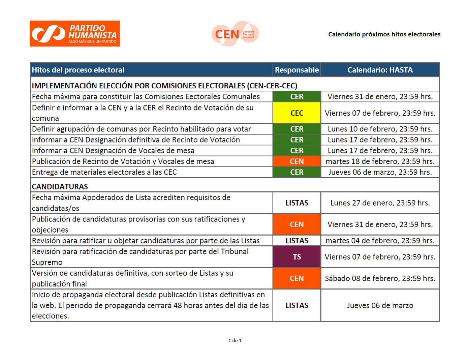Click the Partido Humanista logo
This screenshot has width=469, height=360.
pyautogui.click(x=74, y=33)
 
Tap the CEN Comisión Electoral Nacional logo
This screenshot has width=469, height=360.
pyautogui.click(x=235, y=33)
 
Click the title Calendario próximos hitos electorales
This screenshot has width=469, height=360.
pyautogui.click(x=384, y=34)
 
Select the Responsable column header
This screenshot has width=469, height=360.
pyautogui.click(x=297, y=70)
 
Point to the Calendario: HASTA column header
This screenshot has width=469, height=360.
pyautogui.click(x=380, y=70)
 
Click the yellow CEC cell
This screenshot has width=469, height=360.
pyautogui.click(x=297, y=113)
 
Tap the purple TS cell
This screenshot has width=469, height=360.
pyautogui.click(x=297, y=257)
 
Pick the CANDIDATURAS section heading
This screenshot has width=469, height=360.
pyautogui.click(x=60, y=187)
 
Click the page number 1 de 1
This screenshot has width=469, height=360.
pyautogui.click(x=235, y=340)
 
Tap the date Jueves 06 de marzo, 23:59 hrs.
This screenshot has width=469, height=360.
pyautogui.click(x=380, y=172)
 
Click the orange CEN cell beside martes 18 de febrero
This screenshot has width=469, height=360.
pyautogui.click(x=297, y=161)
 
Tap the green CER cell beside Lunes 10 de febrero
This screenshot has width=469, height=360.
pyautogui.click(x=297, y=129)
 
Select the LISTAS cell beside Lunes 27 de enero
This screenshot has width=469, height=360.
pyautogui.click(x=297, y=203)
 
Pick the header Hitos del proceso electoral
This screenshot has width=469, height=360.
pyautogui.click(x=78, y=70)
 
